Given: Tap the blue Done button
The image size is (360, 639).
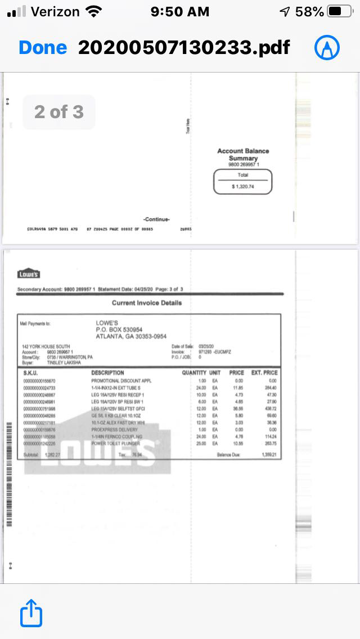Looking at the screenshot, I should [43, 48].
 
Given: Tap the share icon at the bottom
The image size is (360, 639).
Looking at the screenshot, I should [31, 613].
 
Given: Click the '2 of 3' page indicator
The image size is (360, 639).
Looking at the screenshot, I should [58, 112].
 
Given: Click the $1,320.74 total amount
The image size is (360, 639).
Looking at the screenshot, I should [243, 186].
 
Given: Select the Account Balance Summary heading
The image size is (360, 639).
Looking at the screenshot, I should [243, 155].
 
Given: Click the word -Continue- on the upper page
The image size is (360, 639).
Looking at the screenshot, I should [156, 219].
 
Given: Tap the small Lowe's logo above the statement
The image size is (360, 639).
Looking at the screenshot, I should [29, 274].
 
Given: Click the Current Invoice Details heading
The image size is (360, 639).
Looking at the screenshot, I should [147, 303].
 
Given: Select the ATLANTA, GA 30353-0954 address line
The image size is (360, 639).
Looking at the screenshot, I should [131, 336].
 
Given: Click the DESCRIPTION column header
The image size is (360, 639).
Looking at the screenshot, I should [107, 373].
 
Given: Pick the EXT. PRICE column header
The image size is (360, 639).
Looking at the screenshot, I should [264, 373].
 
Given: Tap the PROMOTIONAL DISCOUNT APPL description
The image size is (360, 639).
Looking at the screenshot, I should [121, 381].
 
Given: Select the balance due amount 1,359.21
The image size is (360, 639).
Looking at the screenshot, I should [269, 454].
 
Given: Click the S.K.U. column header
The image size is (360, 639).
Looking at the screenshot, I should [30, 373].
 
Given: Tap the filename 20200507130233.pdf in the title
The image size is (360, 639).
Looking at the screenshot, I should [184, 48].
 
